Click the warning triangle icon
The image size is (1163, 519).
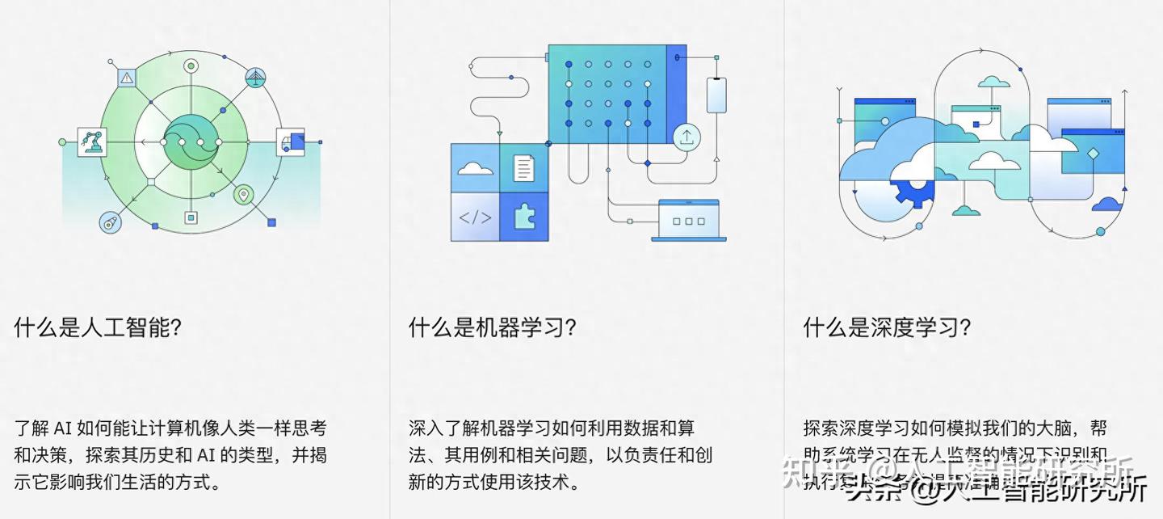pos(127,78)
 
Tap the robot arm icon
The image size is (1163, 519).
pos(90,141)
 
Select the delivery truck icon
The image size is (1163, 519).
pos(291,141)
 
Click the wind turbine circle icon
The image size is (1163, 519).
pos(257,78)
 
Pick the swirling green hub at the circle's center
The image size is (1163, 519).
pos(191,142)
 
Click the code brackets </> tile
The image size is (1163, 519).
pos(475,217)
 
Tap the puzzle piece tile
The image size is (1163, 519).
pos(524,217)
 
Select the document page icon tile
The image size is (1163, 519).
pos(524,168)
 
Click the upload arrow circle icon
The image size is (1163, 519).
pos(686,137)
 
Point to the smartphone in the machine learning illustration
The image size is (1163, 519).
pos(716,95)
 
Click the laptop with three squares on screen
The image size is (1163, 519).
pos(688,220)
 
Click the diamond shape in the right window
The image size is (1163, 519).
pos(1094,154)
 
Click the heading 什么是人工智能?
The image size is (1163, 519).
pos(97,327)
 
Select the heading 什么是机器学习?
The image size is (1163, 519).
pos(492,327)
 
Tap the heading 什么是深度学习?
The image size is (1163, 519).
pos(886,327)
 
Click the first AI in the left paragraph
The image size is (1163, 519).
pos(64,428)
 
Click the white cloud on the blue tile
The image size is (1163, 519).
pos(475,168)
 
